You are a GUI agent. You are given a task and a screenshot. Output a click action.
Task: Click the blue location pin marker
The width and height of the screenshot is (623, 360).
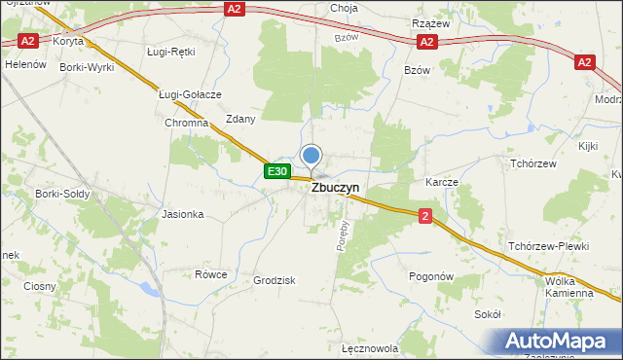(311, 156)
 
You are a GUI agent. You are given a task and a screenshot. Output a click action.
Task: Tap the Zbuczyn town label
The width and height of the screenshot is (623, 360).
(336, 190)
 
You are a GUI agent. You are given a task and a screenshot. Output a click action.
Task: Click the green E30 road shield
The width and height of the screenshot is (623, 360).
(277, 171)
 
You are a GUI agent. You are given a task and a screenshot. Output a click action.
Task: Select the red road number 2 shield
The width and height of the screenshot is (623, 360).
(425, 216)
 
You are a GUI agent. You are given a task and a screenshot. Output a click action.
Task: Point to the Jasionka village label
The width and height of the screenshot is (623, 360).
(183, 214)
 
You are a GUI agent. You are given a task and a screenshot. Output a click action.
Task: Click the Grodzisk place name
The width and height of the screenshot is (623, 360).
(275, 280)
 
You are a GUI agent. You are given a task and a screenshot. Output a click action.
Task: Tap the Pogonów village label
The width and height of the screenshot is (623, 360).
(433, 276)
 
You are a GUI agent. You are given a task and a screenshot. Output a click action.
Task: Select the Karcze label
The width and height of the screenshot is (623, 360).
(442, 182)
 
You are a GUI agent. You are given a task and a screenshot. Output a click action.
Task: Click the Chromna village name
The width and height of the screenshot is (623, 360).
(187, 125)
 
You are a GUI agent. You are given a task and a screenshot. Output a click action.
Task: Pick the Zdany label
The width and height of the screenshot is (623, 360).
(240, 119)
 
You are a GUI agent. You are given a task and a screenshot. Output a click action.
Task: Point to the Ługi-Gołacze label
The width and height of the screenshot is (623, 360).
(191, 94)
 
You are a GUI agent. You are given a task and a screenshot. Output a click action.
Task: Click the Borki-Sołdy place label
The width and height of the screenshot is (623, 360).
(63, 194)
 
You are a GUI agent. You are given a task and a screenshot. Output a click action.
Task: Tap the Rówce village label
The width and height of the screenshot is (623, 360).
(210, 274)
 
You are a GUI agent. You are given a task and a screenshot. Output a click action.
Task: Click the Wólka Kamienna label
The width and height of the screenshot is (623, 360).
(569, 286)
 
